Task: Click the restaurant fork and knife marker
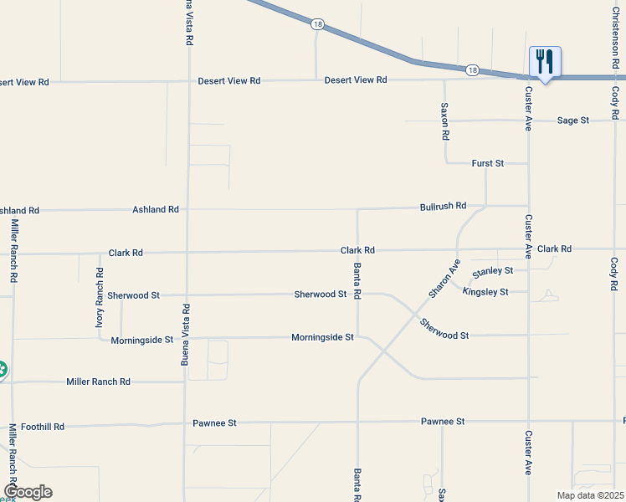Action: coord(544,61)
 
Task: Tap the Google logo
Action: coord(28,492)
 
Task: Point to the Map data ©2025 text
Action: coord(589,495)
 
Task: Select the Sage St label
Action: coord(573,120)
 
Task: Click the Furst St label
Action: coord(488,163)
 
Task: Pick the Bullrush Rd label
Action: coord(443,206)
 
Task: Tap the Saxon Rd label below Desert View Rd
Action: coord(445,121)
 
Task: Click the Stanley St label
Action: coord(492,272)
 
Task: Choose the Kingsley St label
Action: coord(485,292)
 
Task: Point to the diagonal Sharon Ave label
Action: coord(444,279)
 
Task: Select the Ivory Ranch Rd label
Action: coord(100,296)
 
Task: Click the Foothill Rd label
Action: coord(43,427)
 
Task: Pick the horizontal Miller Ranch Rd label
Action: coord(99,382)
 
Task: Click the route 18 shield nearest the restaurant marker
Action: coord(472,70)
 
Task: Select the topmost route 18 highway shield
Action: coord(316,24)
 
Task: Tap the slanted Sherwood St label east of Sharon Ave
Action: coord(444,329)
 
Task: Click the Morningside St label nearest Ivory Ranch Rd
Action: coord(141,340)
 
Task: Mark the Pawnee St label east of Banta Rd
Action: coord(443,422)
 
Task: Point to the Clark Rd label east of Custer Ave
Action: coord(554,249)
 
